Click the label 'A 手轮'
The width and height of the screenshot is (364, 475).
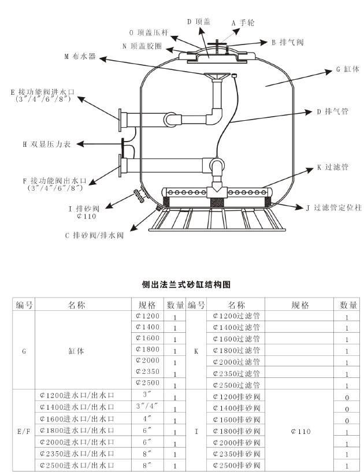[243, 23]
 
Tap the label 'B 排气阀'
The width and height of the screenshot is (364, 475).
[287, 42]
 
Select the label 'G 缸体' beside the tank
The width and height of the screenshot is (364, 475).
[348, 69]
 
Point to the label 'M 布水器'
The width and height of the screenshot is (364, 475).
[80, 56]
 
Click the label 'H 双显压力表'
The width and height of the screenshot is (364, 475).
[47, 144]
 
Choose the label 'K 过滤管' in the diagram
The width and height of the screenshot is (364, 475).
[332, 167]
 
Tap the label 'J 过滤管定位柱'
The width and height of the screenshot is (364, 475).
[334, 207]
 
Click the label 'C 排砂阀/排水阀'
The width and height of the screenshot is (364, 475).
[95, 235]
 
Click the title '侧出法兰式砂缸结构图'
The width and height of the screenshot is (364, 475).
[186, 284]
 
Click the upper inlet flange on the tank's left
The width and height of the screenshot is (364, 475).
[120, 120]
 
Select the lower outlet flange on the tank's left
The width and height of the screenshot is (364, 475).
[120, 165]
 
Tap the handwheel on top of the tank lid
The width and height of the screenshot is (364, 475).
[217, 44]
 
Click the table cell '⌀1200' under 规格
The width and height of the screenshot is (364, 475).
[148, 316]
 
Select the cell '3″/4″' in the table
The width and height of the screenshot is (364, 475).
[147, 406]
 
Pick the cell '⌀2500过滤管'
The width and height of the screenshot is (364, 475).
[236, 385]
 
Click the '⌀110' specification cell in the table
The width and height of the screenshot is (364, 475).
[300, 431]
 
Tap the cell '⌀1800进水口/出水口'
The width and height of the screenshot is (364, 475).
[77, 431]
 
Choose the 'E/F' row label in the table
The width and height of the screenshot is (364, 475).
[24, 431]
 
